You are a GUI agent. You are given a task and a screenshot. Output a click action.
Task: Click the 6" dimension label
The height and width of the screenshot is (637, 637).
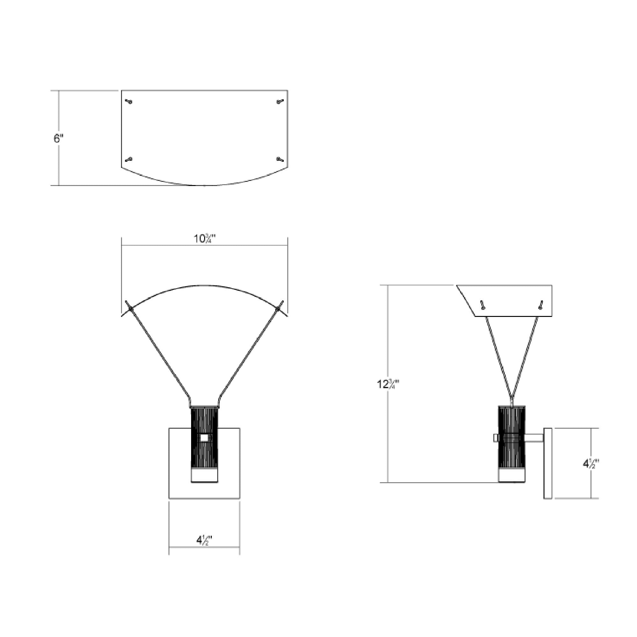click(x=58, y=139)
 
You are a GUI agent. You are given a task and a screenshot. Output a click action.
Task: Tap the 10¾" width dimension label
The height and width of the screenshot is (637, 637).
click(x=204, y=239)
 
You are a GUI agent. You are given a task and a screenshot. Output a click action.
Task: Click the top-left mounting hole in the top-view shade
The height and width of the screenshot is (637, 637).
click(x=130, y=102)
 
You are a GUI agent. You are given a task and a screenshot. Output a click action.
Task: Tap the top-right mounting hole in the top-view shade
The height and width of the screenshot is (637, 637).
click(x=280, y=102)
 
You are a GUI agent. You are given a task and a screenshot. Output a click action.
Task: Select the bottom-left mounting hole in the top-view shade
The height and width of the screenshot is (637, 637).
click(x=129, y=160)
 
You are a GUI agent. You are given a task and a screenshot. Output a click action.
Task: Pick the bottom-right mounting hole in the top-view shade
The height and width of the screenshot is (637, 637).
click(x=280, y=160)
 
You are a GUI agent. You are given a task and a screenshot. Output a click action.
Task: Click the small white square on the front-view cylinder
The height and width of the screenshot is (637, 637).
click(x=204, y=438)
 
